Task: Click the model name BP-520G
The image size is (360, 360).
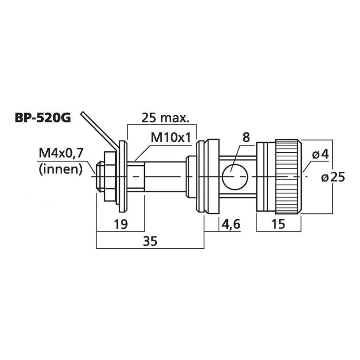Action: pos(43,118)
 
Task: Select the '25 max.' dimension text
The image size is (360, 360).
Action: pos(165,118)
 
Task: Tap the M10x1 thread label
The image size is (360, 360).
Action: pos(171,138)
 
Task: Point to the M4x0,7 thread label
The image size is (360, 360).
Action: pos(61,153)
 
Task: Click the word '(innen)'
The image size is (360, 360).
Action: pos(61,170)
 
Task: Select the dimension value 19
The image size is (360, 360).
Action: pos(121,224)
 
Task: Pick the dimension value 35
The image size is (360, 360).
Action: pos(150,242)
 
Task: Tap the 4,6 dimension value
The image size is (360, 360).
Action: pos(231,224)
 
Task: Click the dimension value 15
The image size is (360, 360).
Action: pos(278,224)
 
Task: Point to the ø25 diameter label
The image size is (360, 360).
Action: pos(333,177)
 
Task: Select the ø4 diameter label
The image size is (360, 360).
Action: pos(320,155)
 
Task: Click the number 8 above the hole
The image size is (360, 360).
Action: pos(246,137)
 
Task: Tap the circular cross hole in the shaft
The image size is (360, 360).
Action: pos(235,177)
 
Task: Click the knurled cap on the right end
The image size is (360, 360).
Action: pos(289,176)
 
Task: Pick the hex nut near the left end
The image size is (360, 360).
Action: pos(109,176)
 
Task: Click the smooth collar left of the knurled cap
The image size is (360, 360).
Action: pos(266,177)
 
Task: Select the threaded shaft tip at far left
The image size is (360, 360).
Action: pos(100,176)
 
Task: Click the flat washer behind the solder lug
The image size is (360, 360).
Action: pos(123,176)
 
